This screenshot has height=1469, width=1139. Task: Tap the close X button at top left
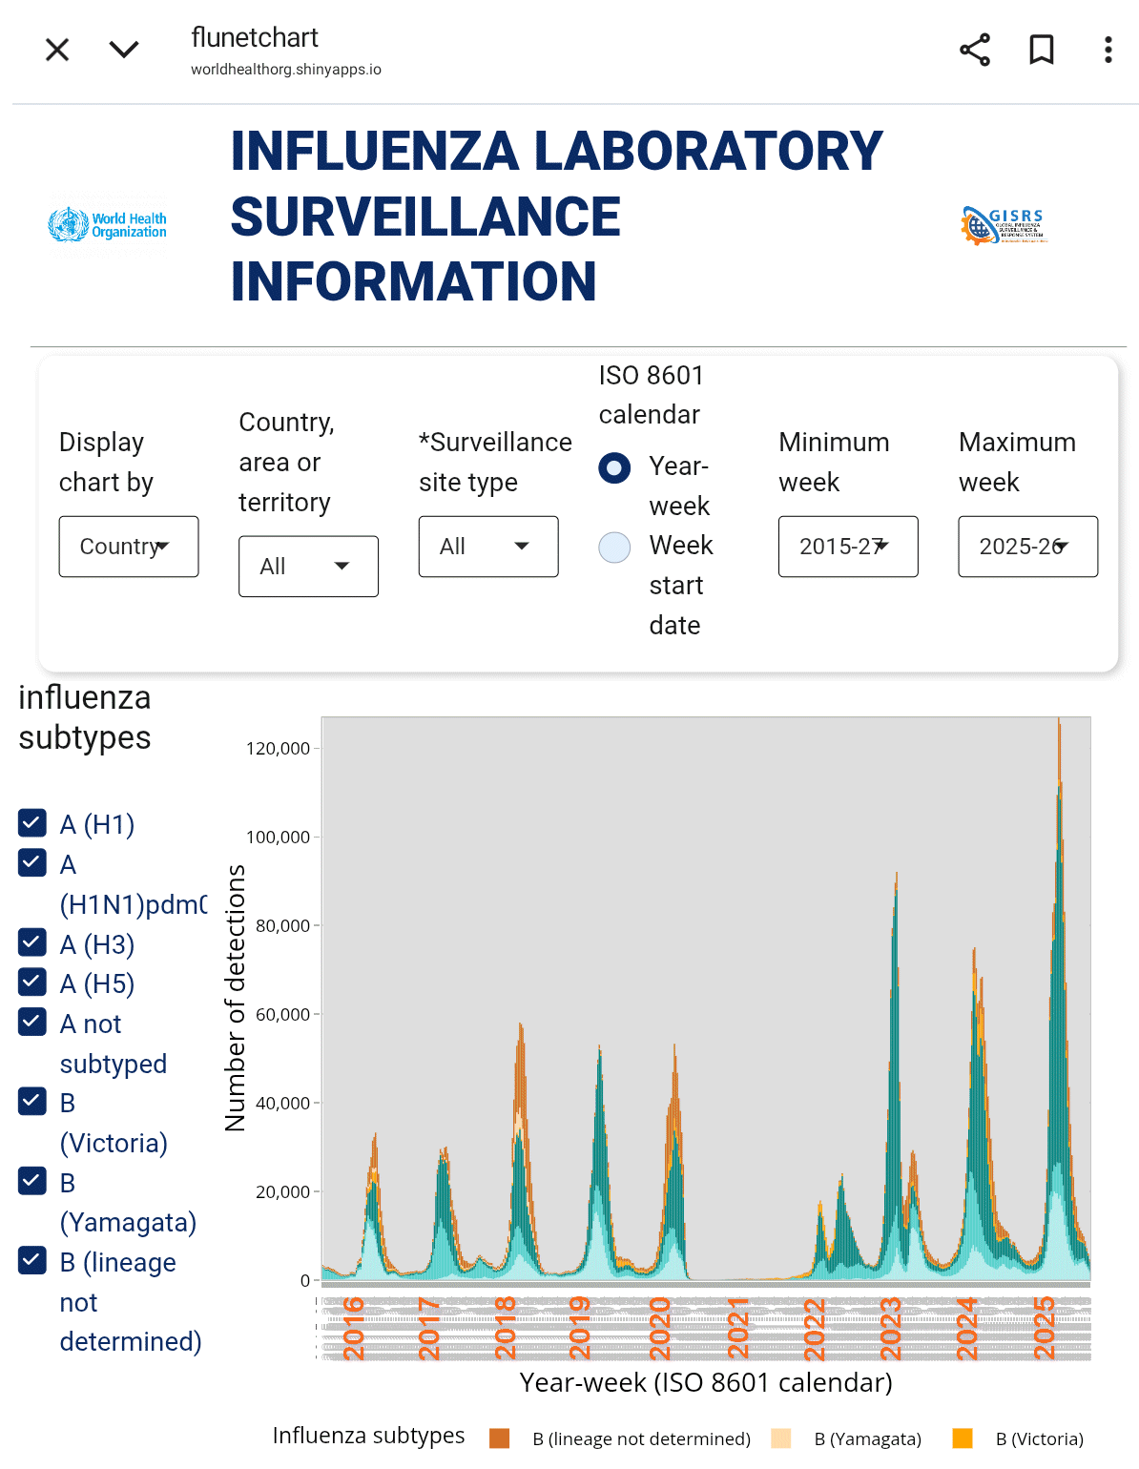tap(57, 50)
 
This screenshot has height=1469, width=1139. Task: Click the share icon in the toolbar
tap(975, 50)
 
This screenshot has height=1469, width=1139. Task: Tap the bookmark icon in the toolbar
tap(1042, 50)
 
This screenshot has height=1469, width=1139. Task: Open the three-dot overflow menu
tap(1108, 50)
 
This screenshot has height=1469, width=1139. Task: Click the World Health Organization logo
tap(107, 225)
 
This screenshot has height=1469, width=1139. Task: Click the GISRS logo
tap(1004, 225)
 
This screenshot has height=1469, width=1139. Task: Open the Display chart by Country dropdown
tap(129, 547)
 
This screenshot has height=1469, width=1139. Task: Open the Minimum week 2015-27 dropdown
tap(848, 547)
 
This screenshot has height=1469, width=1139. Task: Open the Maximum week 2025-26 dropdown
tap(1027, 547)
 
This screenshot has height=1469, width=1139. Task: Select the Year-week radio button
tap(614, 467)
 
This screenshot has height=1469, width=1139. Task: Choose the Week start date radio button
tap(614, 548)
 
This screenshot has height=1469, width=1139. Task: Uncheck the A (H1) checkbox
tap(32, 822)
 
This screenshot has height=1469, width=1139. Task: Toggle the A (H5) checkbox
tap(32, 982)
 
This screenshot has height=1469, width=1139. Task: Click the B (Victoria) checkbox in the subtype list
tap(32, 1102)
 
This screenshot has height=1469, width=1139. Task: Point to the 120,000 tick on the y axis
tap(278, 749)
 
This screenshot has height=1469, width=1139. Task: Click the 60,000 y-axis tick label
tap(282, 1015)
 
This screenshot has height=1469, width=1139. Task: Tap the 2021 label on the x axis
tap(737, 1328)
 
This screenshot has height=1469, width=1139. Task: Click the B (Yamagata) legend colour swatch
tap(781, 1438)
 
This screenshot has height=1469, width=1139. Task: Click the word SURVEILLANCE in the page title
tap(425, 217)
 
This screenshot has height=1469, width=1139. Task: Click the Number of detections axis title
tap(235, 998)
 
